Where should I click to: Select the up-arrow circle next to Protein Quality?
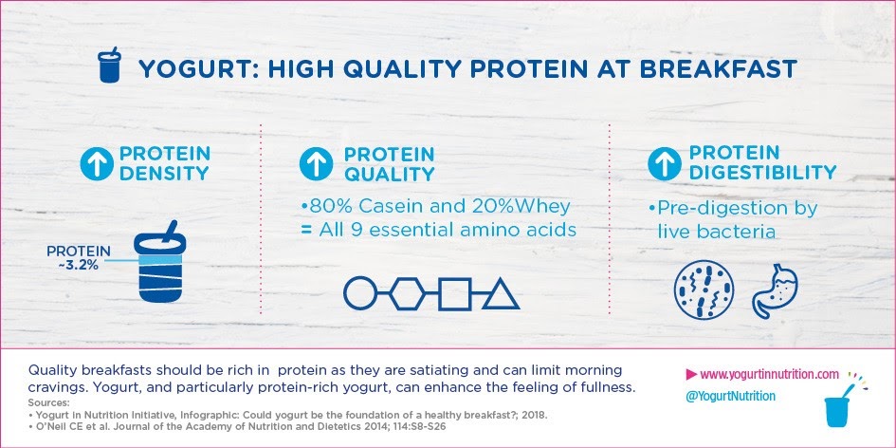tap(316, 163)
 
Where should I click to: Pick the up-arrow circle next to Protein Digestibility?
tap(665, 163)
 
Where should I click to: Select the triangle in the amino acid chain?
tap(500, 295)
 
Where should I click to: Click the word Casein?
tap(385, 208)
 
